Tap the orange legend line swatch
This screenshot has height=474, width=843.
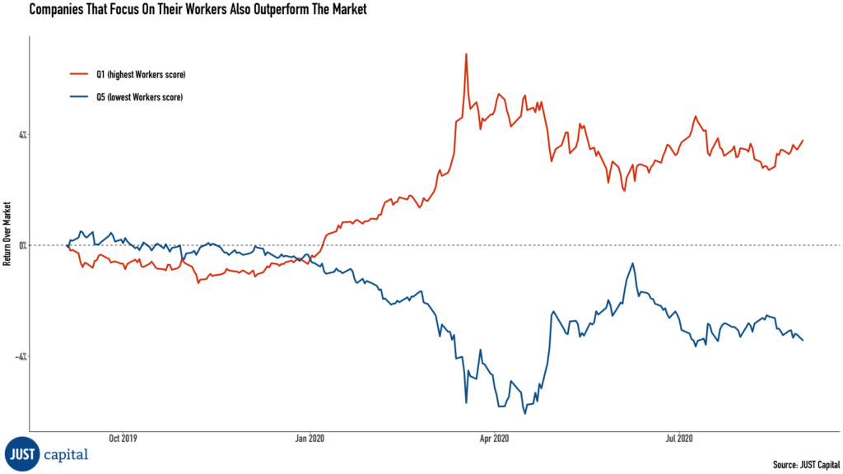click(78, 75)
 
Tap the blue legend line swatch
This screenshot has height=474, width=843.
click(78, 97)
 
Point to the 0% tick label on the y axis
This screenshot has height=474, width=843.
click(21, 245)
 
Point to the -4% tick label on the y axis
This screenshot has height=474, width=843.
click(21, 356)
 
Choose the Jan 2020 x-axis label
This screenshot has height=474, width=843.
click(310, 439)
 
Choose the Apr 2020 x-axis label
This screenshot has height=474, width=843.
click(494, 439)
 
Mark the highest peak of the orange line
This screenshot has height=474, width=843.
click(467, 54)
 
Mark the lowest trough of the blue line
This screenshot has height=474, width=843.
click(525, 412)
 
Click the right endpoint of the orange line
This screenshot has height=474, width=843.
click(803, 140)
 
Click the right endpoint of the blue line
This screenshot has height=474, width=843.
click(803, 340)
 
